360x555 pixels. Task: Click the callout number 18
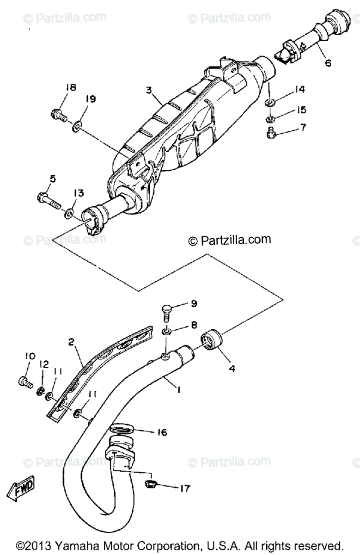(x=70, y=88)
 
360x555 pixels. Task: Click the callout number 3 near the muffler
(x=149, y=90)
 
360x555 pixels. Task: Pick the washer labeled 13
(x=68, y=214)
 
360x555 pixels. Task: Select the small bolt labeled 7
(x=272, y=133)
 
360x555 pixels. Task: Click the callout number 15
(x=301, y=110)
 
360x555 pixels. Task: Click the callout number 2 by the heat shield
(x=71, y=343)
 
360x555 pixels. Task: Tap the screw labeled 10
(x=24, y=382)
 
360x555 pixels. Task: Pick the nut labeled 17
(x=149, y=484)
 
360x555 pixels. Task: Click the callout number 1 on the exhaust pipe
(x=178, y=390)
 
